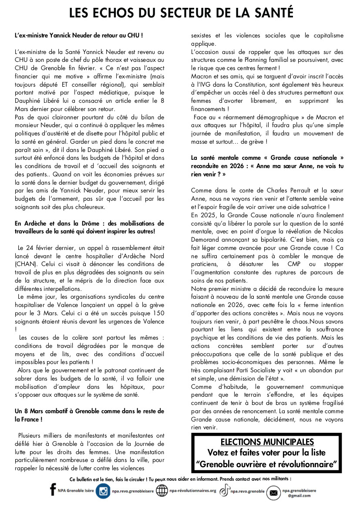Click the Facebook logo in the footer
53,490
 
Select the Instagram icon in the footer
103,491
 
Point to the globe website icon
162,491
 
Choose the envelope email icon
273,492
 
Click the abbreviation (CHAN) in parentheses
26,263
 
